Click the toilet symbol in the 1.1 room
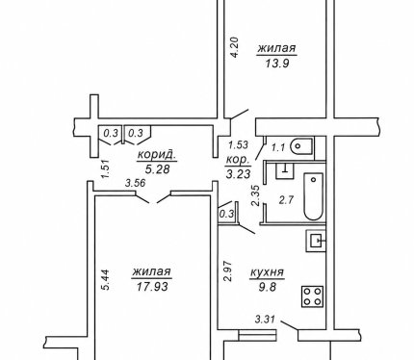click(x=301, y=146)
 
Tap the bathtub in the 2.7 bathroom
click(x=314, y=196)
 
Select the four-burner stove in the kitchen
click(x=312, y=296)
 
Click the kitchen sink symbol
click(x=316, y=241)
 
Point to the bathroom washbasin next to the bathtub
click(x=285, y=170)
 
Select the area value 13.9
click(x=277, y=64)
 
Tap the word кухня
click(x=267, y=272)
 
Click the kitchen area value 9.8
click(x=268, y=287)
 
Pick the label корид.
click(x=157, y=155)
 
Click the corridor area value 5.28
click(x=157, y=168)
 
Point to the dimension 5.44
click(x=105, y=280)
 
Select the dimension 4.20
click(x=235, y=47)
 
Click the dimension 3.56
click(x=136, y=183)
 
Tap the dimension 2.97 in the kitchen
click(x=227, y=271)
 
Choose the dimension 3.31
click(x=266, y=320)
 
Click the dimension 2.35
click(x=256, y=194)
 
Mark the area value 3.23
click(x=238, y=174)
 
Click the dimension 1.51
click(x=107, y=169)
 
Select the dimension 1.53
click(x=238, y=145)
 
